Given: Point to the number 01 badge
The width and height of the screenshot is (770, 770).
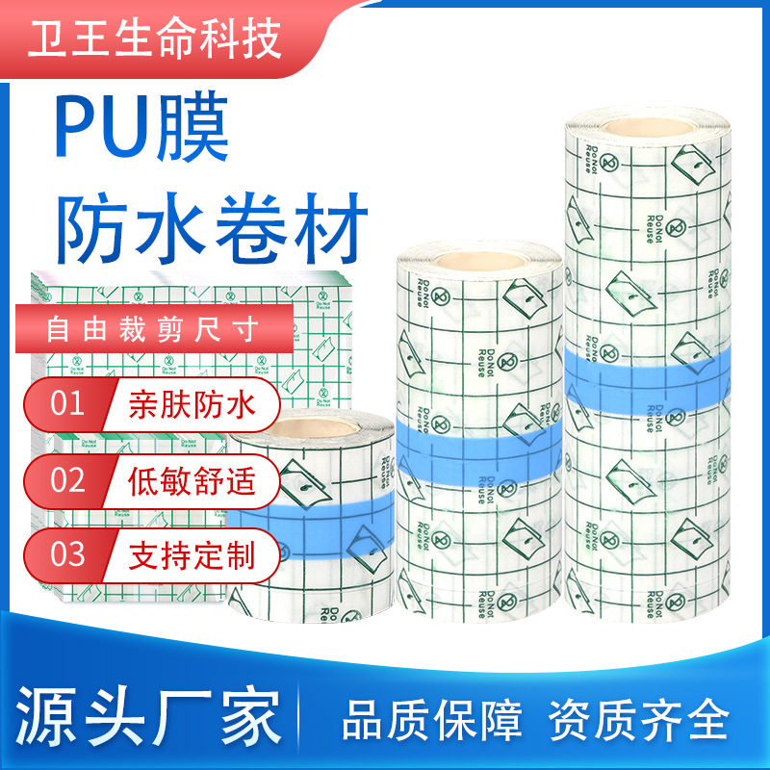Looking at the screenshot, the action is point(67,402).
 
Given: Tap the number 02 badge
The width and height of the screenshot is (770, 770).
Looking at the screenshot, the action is point(67,478).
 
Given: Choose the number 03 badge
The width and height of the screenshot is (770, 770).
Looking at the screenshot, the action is point(67,554).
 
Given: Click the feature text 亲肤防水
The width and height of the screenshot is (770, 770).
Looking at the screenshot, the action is point(193,404).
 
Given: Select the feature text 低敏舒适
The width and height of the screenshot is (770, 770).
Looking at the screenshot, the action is point(193,479).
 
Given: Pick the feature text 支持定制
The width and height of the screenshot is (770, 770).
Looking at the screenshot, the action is point(193,555).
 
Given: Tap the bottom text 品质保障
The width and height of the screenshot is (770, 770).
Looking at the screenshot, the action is point(433,721).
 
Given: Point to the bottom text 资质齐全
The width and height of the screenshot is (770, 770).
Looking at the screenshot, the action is point(639,721).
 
